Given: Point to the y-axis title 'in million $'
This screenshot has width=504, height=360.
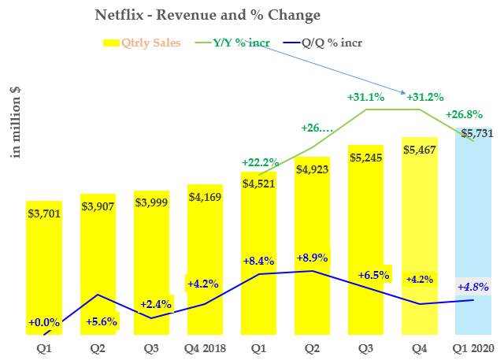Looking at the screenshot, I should [15, 122].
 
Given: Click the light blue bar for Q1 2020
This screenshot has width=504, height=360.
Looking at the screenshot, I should [475, 236].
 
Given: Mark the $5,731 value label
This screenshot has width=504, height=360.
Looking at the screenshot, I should [477, 133].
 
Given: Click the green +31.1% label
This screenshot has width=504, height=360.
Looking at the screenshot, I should [365, 97].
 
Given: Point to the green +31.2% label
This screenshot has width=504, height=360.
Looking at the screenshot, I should [425, 97].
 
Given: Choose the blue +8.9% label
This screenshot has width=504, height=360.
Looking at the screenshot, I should [313, 258].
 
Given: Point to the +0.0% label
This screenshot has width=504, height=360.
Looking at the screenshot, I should [45, 322].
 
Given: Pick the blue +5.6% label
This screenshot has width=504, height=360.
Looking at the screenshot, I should [98, 321].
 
